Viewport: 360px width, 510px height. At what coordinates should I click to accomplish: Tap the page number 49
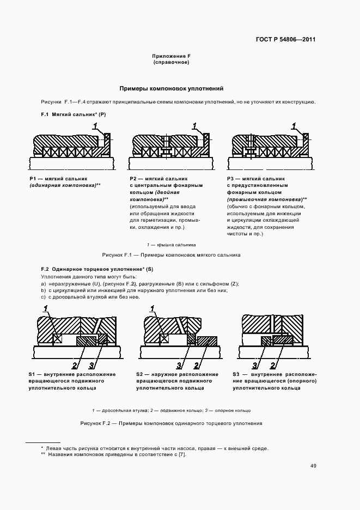[x=313, y=466]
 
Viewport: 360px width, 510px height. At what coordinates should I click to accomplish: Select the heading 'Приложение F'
[x=171, y=57]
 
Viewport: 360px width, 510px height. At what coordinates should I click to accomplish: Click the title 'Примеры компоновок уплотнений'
[x=171, y=88]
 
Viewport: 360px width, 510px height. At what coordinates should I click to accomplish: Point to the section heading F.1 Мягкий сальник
[x=74, y=115]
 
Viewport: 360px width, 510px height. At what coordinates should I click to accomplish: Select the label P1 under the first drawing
[x=33, y=179]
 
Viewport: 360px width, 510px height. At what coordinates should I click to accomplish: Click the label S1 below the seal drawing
[x=33, y=375]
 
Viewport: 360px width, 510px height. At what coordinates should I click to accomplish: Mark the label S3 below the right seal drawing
[x=237, y=375]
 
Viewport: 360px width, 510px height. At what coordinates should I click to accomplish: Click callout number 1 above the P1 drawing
[x=96, y=126]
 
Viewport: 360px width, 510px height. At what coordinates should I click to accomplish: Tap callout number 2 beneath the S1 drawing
[x=74, y=365]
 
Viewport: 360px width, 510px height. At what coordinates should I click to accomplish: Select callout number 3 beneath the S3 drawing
[x=255, y=365]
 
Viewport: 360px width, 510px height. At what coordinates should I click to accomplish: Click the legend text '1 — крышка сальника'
[x=171, y=245]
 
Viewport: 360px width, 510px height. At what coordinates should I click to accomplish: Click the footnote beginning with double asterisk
[x=113, y=454]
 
